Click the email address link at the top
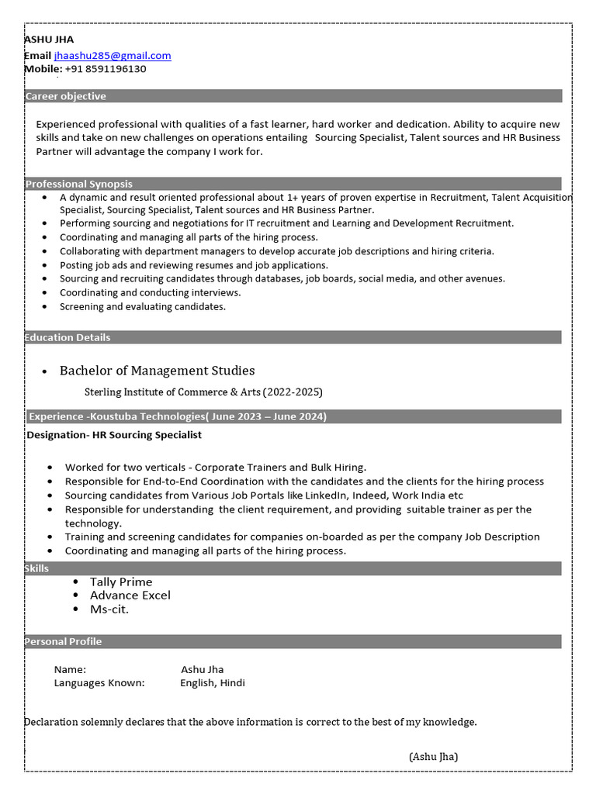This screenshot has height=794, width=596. pos(113,56)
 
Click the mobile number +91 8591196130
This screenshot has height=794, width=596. pos(106,69)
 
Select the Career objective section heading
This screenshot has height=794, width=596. pos(66,96)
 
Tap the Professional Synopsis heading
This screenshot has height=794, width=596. pos(78,184)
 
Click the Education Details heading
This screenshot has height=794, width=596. pos(68,337)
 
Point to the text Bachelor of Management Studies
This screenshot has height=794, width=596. pos(157,371)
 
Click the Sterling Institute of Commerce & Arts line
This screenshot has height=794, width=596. pos(203,392)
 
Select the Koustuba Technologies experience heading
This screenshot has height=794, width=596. pos(178,416)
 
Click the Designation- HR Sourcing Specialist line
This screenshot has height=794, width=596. pos(114,435)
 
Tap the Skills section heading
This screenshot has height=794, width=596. pos(36,568)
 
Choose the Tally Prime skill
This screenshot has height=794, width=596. pos(121,582)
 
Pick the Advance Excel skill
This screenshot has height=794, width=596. pos(130,595)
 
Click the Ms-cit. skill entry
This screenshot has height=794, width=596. pos(109,609)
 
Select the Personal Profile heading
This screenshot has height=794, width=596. pos(63,641)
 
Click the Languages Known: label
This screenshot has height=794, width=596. pos(99,683)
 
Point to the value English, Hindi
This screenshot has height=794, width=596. pos(212,683)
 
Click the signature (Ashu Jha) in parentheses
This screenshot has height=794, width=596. pos(433,757)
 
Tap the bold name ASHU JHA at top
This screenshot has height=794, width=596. pos(50,40)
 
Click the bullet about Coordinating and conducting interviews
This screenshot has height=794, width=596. pos(150,292)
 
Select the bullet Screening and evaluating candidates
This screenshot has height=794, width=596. pos(143,306)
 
